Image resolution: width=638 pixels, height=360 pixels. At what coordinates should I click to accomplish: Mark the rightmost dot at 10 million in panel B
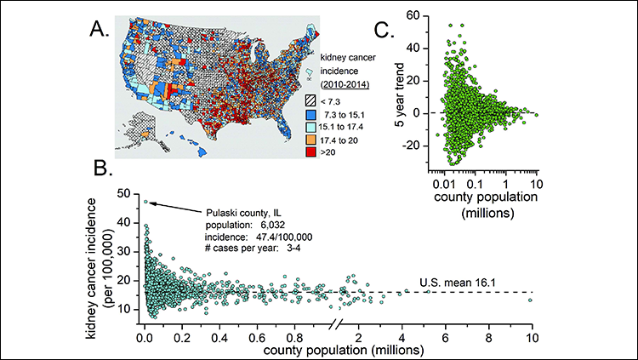[530, 300]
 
